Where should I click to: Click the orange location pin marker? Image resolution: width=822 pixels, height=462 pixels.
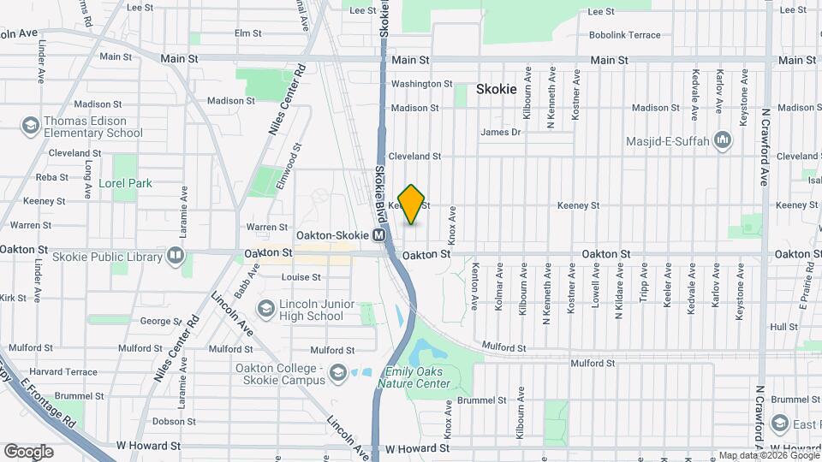coord(412,204)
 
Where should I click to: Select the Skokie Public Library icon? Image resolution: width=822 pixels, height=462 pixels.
coord(175,256)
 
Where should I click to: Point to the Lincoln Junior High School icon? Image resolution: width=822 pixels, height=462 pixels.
coord(266,309)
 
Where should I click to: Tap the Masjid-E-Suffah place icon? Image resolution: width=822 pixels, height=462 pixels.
coord(723,139)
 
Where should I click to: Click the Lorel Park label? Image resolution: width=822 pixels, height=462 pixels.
coord(125,183)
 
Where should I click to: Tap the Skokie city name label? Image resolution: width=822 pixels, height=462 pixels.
coord(497,89)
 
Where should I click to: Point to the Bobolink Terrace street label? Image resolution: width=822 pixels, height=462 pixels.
coord(624,35)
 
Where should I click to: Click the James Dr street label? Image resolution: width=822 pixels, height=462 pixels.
coord(500,133)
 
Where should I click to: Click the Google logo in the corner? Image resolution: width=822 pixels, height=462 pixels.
coord(28,451)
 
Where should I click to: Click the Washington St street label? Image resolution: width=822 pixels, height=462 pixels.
coord(421,84)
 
